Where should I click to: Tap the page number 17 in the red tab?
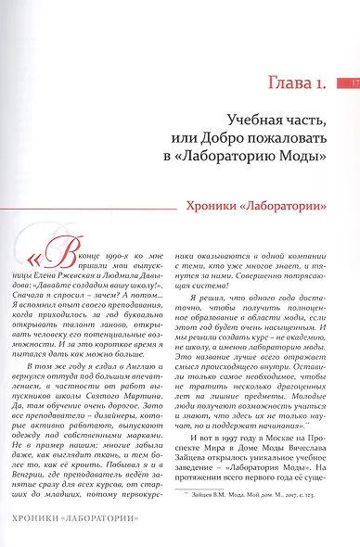point(354,85)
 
